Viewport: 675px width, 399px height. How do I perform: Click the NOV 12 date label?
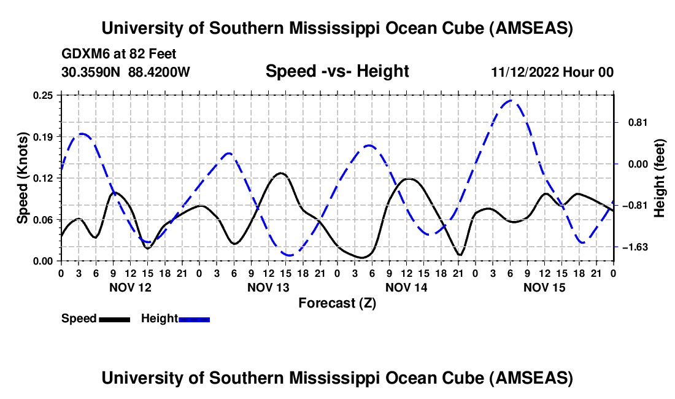click(130, 287)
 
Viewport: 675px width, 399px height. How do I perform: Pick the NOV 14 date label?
click(406, 287)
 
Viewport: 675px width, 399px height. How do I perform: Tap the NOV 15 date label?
click(544, 287)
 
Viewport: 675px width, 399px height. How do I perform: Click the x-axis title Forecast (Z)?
click(337, 303)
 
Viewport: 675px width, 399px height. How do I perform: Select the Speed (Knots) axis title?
click(23, 178)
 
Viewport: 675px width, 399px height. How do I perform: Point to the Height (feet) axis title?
click(660, 179)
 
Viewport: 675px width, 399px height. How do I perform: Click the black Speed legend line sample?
click(114, 319)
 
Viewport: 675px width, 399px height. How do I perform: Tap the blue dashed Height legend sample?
click(194, 319)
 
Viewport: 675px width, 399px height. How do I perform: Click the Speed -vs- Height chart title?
click(337, 71)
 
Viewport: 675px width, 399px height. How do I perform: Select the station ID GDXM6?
click(85, 54)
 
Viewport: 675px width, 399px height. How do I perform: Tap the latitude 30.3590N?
click(92, 72)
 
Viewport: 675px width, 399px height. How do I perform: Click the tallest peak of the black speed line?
click(281, 173)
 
